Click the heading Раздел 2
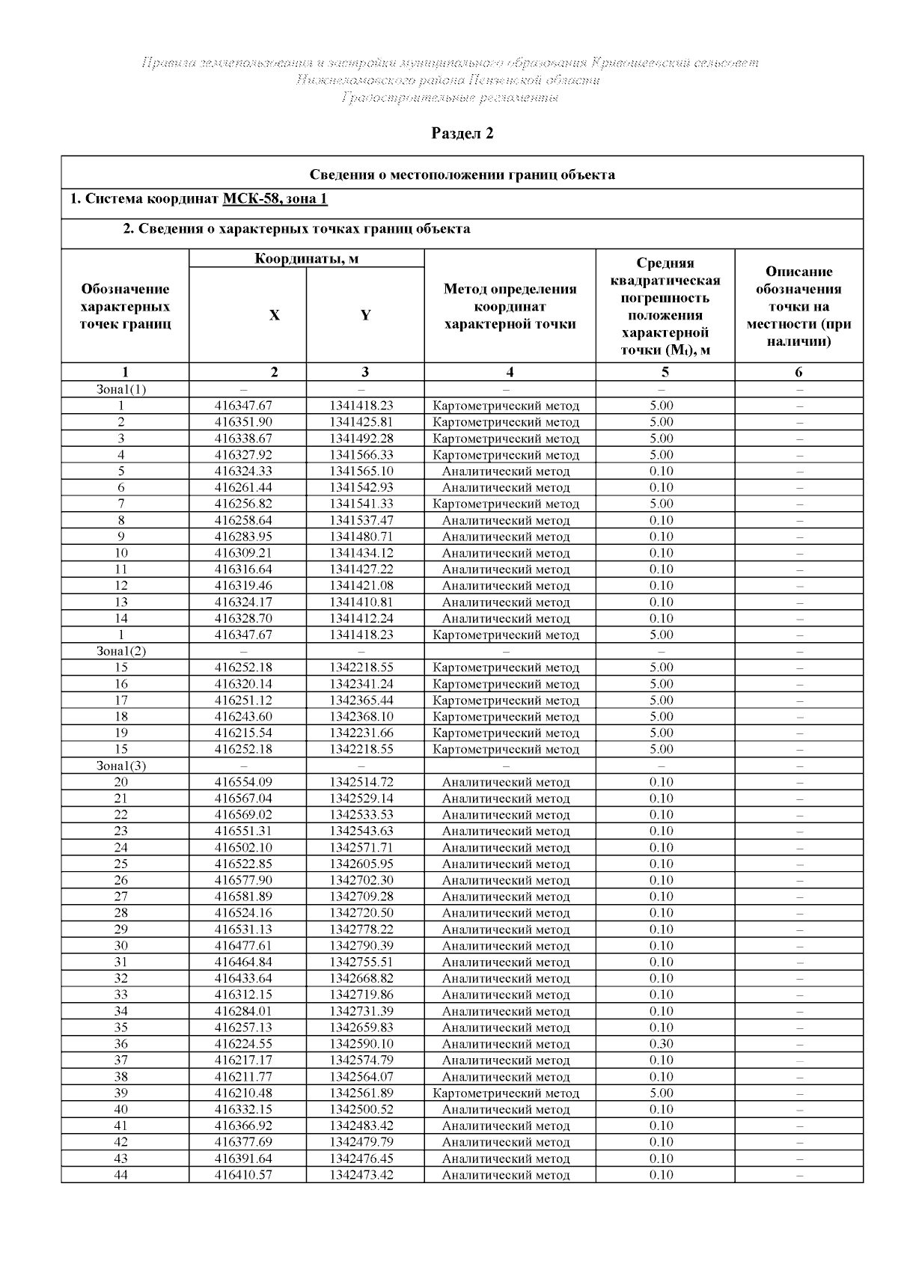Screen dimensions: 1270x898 (x=462, y=134)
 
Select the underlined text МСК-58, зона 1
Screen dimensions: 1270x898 (x=275, y=199)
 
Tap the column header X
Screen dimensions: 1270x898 (x=275, y=316)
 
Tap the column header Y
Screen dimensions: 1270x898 (x=365, y=316)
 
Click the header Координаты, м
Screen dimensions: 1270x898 (x=307, y=259)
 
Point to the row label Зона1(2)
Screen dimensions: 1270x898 (x=121, y=651)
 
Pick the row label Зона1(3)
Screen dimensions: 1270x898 (x=121, y=766)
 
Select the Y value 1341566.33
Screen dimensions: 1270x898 (x=361, y=455)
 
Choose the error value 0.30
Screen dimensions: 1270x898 (x=662, y=1044)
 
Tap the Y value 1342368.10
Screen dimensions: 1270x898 (x=361, y=717)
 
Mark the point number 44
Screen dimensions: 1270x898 (x=121, y=1175)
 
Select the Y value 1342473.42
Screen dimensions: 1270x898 (x=361, y=1175)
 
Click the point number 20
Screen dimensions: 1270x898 (x=121, y=782)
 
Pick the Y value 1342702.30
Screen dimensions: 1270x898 (x=361, y=880)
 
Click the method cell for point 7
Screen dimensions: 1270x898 (x=506, y=504)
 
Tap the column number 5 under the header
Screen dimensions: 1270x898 (x=665, y=372)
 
